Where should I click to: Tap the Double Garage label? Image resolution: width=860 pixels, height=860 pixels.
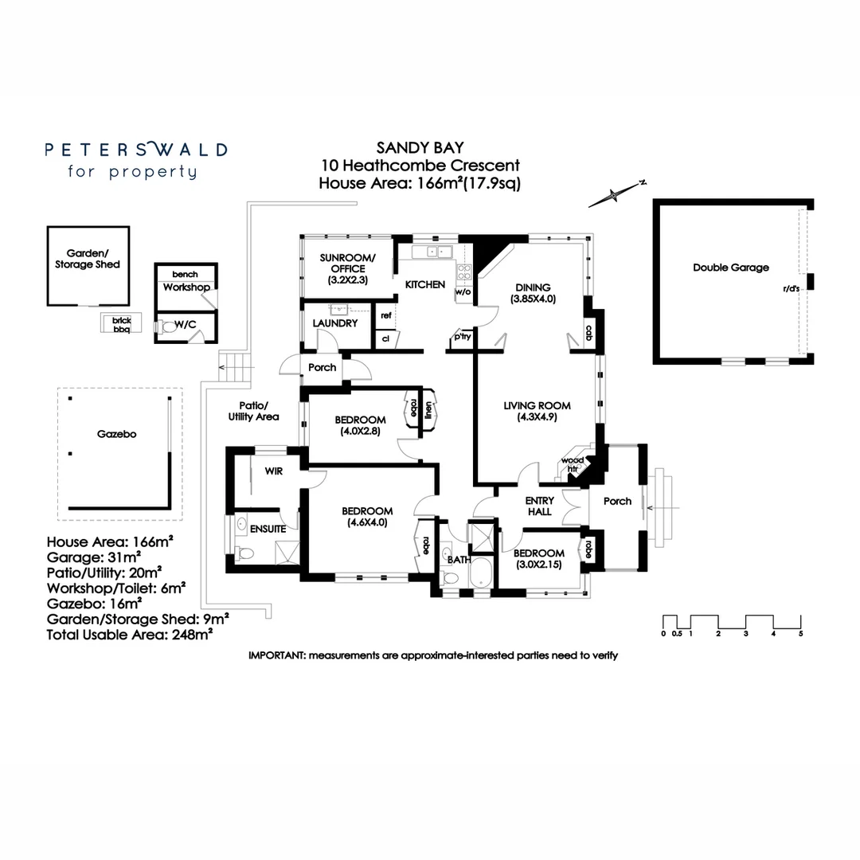point(730,268)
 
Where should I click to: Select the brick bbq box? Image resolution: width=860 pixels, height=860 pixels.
point(121,323)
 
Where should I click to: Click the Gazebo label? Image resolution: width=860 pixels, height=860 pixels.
point(116,434)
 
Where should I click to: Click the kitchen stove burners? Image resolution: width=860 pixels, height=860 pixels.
point(464,273)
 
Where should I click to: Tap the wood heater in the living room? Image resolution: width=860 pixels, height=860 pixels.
point(573,464)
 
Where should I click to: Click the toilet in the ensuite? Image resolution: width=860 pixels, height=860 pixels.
point(245,553)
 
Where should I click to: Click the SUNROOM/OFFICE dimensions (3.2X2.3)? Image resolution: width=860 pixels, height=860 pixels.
point(348,279)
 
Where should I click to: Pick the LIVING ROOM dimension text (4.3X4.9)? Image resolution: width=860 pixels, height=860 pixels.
point(537,416)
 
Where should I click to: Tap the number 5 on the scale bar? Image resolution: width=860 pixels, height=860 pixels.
point(801,634)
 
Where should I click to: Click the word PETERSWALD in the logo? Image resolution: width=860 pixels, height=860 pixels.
point(136,150)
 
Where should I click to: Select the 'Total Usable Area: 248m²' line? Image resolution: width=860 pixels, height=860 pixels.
point(130,635)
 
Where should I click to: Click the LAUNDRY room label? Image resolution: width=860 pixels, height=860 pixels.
point(334,323)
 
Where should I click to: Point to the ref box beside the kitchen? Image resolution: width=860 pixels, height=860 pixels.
point(386,315)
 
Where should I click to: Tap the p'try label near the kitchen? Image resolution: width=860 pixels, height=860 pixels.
point(463,336)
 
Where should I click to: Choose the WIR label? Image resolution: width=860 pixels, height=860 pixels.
point(274,471)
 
